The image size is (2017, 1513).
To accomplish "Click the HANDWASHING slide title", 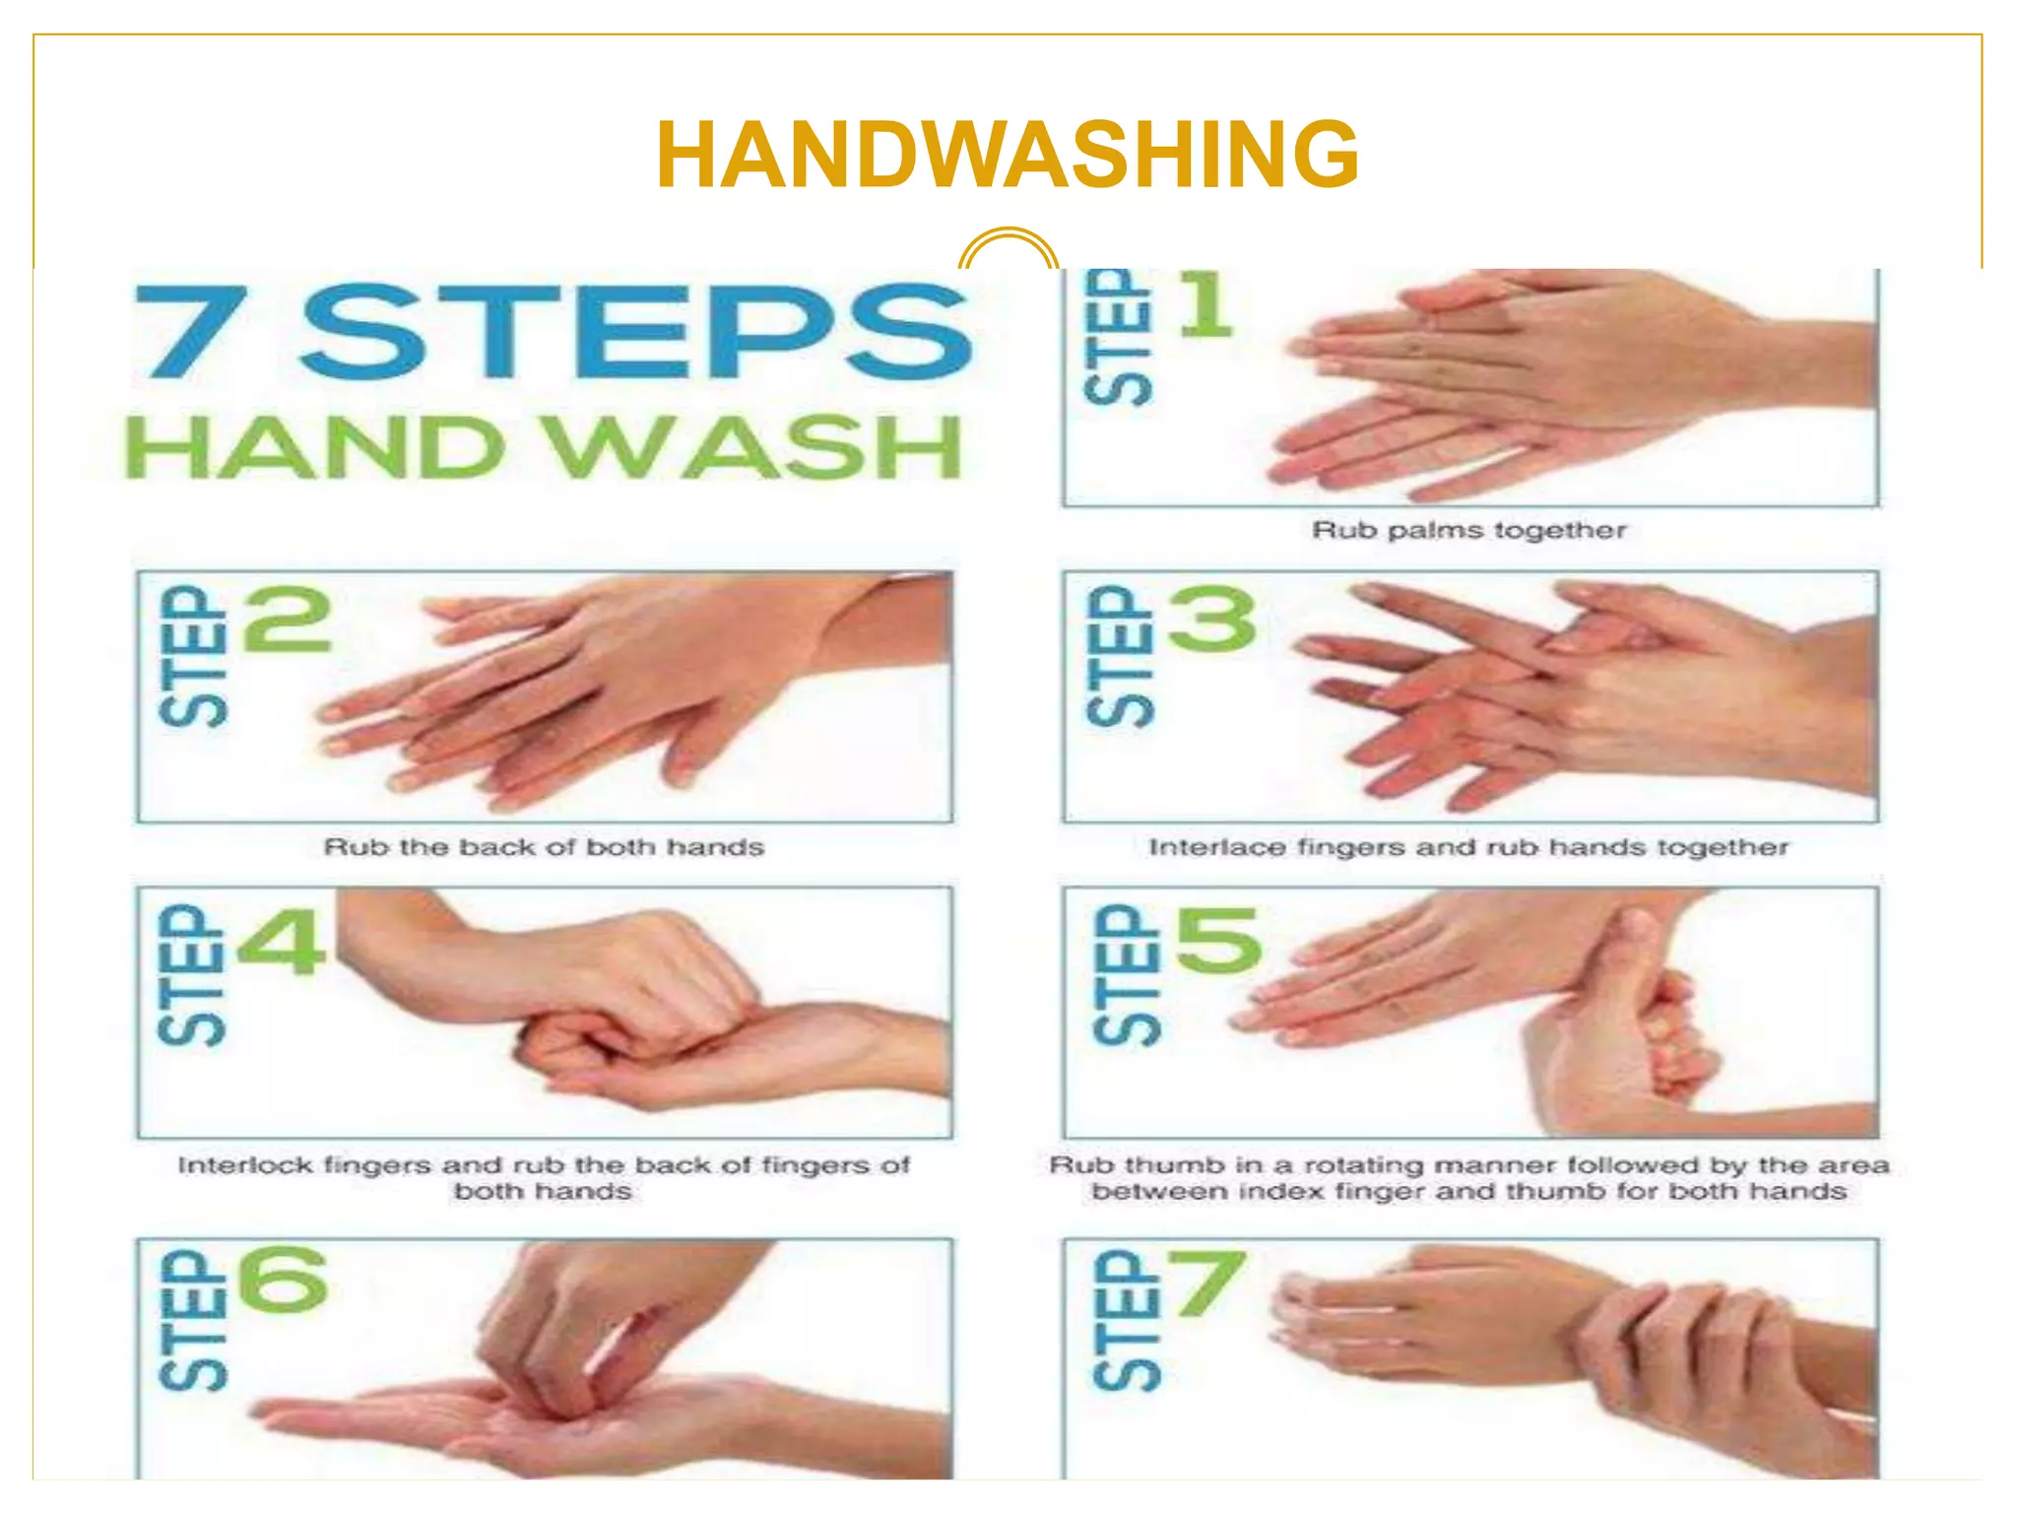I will click(1007, 155).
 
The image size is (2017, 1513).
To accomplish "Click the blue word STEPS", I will click(635, 331).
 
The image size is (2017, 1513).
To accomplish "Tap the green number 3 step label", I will click(1212, 620).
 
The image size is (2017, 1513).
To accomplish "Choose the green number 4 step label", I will click(282, 941).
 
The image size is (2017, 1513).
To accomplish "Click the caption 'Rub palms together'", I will click(1468, 531).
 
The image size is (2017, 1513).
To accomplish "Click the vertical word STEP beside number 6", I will click(193, 1321).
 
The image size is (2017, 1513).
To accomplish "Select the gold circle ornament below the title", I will click(1008, 251).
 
